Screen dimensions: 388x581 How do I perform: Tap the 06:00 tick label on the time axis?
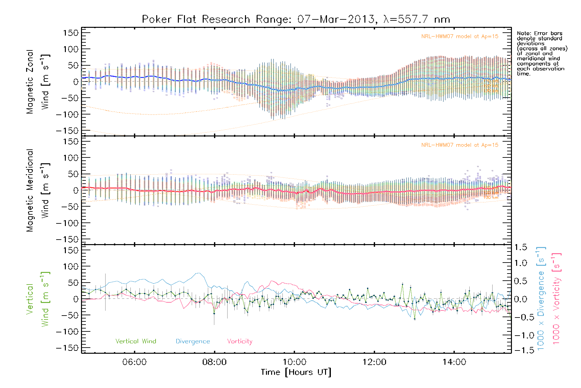[x=134, y=362]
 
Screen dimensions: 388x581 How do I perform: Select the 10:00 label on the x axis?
[x=294, y=362]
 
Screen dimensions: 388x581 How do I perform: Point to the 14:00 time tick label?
[x=454, y=362]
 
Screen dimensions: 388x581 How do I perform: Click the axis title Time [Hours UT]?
[x=296, y=372]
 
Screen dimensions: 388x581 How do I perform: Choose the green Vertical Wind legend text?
[x=136, y=341]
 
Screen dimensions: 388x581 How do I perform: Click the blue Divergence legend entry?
[x=193, y=341]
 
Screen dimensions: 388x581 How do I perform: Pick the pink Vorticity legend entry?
[x=240, y=341]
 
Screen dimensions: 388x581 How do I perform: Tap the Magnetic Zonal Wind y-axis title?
[x=38, y=81]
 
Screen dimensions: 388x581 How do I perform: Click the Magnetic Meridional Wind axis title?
[x=38, y=190]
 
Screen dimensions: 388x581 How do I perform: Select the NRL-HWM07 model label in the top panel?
[x=460, y=37]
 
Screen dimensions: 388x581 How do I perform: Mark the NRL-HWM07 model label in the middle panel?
[x=460, y=145]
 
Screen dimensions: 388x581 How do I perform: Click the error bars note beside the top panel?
[x=542, y=53]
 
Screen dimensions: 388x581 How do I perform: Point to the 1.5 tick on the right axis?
[x=521, y=247]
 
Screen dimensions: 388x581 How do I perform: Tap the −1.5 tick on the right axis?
[x=520, y=350]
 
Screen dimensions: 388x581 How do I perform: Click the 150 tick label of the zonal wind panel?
[x=71, y=33]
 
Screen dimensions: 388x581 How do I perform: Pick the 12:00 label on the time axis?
[x=374, y=362]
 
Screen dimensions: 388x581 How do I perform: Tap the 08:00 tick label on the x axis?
[x=214, y=362]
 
